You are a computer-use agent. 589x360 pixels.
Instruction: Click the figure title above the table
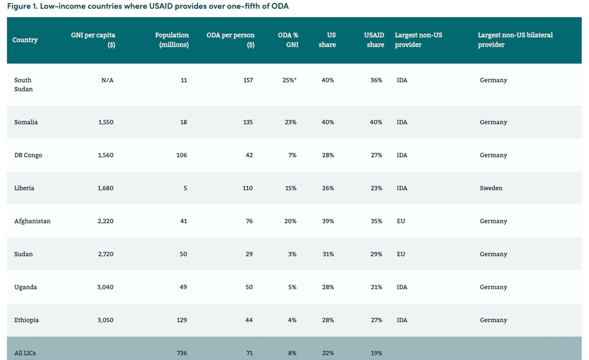pyautogui.click(x=148, y=6)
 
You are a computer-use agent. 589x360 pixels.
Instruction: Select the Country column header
pyautogui.click(x=25, y=40)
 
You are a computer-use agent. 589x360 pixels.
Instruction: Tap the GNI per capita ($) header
pyautogui.click(x=93, y=40)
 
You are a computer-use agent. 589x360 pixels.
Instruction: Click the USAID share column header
pyautogui.click(x=374, y=40)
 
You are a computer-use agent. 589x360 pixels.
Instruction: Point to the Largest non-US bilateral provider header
pyautogui.click(x=515, y=40)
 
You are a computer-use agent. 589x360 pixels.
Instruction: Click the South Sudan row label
pyautogui.click(x=23, y=84)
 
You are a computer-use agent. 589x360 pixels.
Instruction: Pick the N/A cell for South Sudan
pyautogui.click(x=107, y=80)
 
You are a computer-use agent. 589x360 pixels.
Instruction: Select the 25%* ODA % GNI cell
pyautogui.click(x=289, y=80)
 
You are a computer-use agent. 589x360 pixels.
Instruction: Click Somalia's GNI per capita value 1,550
pyautogui.click(x=105, y=122)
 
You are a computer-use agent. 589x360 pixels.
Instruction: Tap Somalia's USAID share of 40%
pyautogui.click(x=376, y=122)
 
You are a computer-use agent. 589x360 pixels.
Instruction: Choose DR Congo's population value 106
pyautogui.click(x=181, y=155)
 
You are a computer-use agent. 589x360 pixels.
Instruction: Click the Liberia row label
pyautogui.click(x=24, y=188)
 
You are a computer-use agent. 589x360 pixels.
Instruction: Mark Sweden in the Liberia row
pyautogui.click(x=491, y=188)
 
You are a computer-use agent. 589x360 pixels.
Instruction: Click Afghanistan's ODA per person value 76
pyautogui.click(x=249, y=221)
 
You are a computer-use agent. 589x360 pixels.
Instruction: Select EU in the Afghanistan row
pyautogui.click(x=401, y=221)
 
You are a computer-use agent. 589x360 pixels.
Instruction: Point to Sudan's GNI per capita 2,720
pyautogui.click(x=105, y=254)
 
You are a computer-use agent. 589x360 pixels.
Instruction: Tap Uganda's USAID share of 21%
pyautogui.click(x=376, y=287)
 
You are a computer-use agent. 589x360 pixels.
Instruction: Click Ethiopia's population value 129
pyautogui.click(x=181, y=320)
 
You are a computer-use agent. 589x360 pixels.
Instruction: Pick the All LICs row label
pyautogui.click(x=25, y=353)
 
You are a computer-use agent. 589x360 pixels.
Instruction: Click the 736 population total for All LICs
pyautogui.click(x=182, y=353)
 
